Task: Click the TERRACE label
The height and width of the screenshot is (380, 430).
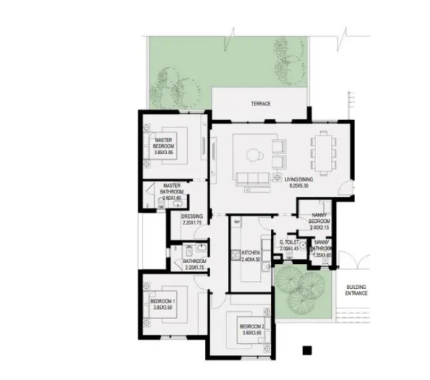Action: pos(260,104)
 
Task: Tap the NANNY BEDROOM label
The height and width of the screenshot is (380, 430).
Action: pos(320,218)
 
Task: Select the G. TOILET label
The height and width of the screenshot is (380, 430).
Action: pos(292,243)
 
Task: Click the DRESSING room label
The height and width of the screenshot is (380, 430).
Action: pos(192,217)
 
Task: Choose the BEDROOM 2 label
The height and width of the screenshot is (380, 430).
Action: pos(252,328)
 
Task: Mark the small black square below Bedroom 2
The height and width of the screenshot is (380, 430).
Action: pos(307,351)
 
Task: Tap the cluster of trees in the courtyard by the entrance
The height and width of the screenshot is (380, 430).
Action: pos(300,285)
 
